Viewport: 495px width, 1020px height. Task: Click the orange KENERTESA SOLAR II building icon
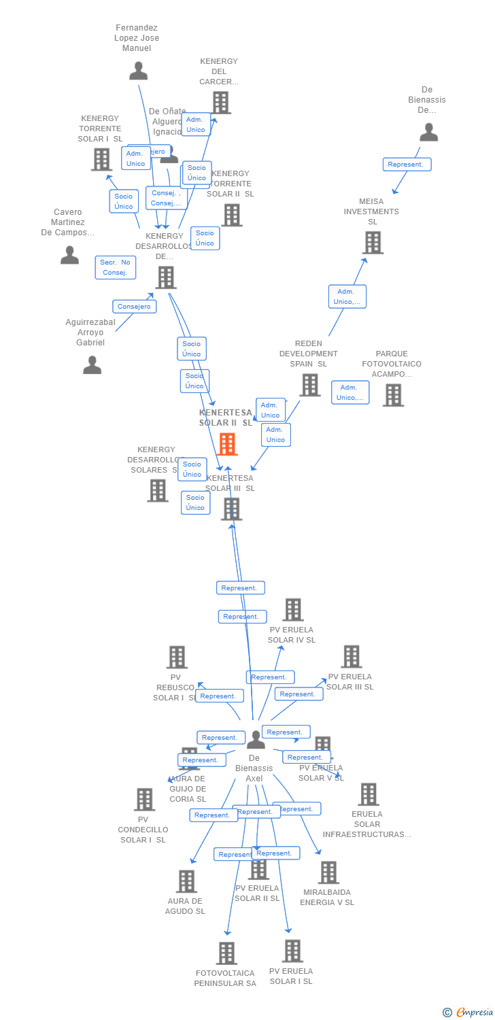pos(227,444)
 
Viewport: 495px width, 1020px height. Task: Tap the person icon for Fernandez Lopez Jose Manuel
pos(139,71)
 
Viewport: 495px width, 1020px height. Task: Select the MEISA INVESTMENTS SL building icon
pos(373,243)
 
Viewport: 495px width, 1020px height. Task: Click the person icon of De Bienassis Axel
pos(256,739)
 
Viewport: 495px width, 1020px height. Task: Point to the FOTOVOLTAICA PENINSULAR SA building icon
pos(226,953)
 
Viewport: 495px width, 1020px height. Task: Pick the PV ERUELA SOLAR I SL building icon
pos(292,951)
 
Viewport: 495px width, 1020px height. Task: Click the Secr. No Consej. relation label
pos(116,267)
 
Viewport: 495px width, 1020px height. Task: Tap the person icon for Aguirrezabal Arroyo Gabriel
pos(92,365)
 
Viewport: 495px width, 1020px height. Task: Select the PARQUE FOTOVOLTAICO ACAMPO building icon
pos(393,395)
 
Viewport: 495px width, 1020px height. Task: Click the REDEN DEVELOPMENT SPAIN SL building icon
pos(310,385)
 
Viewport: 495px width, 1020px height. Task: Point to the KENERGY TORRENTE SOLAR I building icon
pos(101,160)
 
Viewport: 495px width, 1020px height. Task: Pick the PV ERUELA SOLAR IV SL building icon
pos(293,610)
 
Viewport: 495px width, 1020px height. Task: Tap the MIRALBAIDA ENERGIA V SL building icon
pos(328,872)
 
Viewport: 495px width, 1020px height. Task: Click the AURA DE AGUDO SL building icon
pos(186,881)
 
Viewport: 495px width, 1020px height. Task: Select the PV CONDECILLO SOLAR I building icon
pos(144,800)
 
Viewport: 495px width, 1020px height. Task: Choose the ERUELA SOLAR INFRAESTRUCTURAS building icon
pos(368,794)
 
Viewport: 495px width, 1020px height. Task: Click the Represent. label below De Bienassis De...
pos(407,164)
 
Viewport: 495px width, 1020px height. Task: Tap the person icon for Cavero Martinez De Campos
pos(69,255)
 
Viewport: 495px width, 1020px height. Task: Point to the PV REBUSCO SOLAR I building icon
pos(177,658)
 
